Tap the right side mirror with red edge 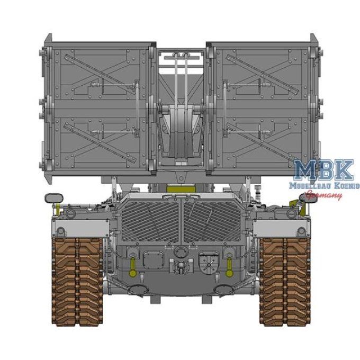click(307, 197)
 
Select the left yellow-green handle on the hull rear click(132, 262)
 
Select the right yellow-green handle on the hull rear click(229, 262)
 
